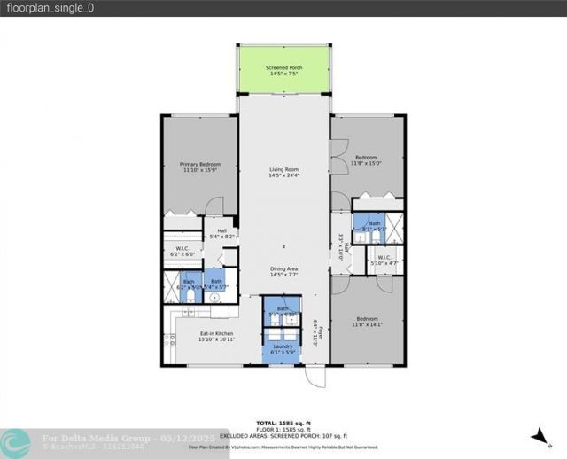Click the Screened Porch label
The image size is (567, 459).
pos(283,67)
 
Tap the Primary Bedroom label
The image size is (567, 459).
pos(198,165)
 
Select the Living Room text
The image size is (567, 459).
pos(283,169)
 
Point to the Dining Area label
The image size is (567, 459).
pos(283,268)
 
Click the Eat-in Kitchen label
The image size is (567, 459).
pos(191,333)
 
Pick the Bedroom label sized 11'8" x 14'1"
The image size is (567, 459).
pos(368,320)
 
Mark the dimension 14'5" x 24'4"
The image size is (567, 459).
pos(283,175)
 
